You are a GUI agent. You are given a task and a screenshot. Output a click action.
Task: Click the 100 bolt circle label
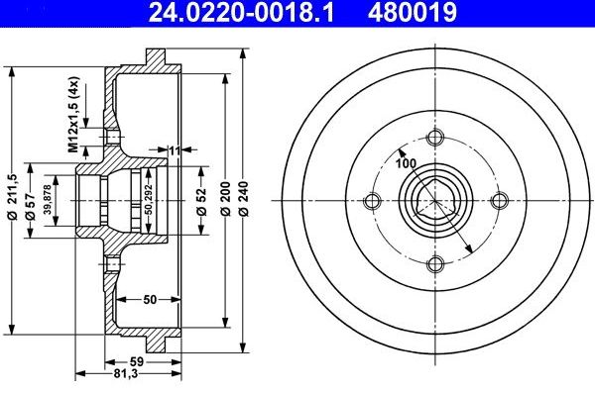[x=407, y=163]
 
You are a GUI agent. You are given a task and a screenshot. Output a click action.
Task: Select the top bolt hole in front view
[x=433, y=140]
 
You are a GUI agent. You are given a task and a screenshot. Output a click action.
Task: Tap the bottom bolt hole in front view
[x=433, y=262]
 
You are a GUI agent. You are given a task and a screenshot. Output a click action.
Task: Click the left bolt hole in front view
[x=372, y=201]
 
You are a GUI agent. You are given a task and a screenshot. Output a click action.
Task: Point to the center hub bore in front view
[x=433, y=201]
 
